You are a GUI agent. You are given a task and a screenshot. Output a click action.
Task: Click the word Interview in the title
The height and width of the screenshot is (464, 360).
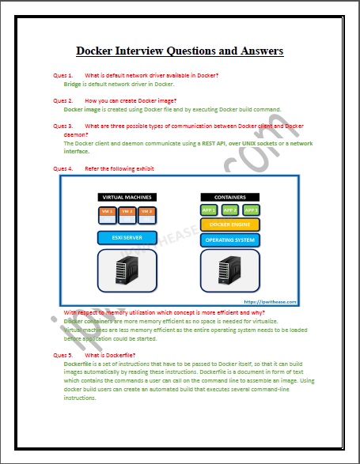pos(150,51)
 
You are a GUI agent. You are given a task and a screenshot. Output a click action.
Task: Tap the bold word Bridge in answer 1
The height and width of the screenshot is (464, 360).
pos(73,83)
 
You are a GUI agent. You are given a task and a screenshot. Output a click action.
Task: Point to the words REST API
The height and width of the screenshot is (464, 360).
pos(200,143)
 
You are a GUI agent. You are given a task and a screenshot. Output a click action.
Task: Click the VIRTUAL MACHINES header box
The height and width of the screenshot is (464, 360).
pos(126,197)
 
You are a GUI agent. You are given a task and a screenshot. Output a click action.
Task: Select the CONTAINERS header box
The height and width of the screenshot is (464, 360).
pos(229,197)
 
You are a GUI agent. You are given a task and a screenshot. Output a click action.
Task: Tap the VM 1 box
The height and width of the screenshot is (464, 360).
pos(107,212)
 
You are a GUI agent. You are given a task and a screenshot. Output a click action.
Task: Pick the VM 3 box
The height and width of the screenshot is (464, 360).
pos(145,212)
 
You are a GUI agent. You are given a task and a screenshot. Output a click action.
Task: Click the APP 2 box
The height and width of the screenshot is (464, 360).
pos(229,210)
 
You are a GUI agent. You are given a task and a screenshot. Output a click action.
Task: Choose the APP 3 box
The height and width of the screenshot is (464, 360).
pos(251,210)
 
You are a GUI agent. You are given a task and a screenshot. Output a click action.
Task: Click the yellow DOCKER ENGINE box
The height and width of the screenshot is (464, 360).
pos(229,224)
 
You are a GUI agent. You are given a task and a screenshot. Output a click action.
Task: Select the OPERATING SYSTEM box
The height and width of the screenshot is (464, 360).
pos(229,239)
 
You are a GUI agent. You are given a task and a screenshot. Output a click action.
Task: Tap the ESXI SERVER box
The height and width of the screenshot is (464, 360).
pos(126,237)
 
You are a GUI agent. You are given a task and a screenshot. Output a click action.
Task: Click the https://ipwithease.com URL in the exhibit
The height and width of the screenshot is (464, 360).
pos(265,302)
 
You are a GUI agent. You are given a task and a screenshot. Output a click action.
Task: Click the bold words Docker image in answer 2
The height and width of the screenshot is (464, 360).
pos(80,109)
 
